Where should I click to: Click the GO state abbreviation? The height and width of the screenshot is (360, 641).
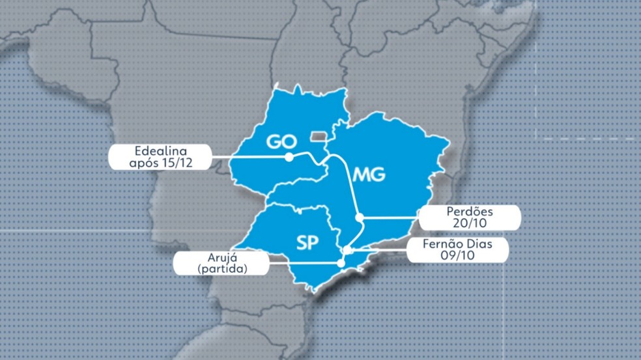coord(281,142)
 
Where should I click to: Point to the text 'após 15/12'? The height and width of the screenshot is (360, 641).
coord(159,163)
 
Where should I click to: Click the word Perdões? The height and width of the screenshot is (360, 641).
coord(470,212)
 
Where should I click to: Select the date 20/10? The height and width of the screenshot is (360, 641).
coord(470,223)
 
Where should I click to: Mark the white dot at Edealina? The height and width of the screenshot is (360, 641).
coord(288,157)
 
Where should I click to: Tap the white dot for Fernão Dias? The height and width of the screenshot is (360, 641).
coord(348,250)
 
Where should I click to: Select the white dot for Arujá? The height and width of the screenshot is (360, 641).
coord(340,263)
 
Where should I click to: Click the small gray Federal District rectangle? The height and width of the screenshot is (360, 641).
coord(320,135)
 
